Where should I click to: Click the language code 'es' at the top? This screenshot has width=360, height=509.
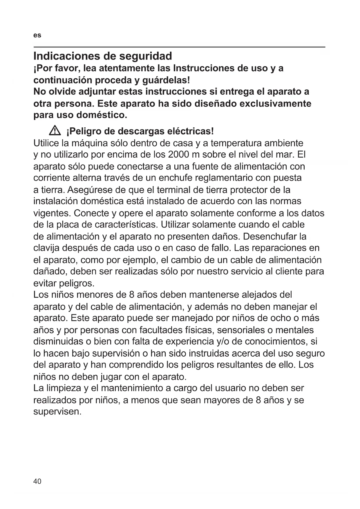(37, 35)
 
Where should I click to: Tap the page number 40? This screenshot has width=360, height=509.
(37, 481)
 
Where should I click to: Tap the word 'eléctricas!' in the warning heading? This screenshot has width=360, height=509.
(191, 131)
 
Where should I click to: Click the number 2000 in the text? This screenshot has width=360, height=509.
(178, 154)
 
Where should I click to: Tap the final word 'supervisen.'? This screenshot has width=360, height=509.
(57, 411)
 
